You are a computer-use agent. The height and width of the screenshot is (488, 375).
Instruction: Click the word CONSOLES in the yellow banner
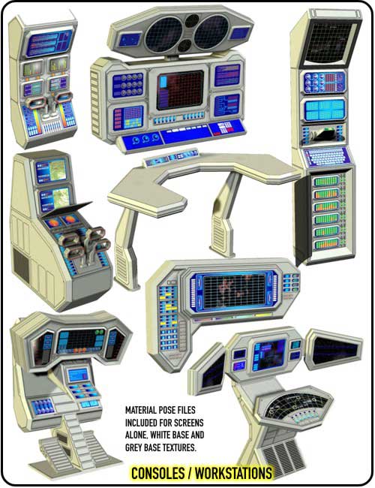click(x=157, y=473)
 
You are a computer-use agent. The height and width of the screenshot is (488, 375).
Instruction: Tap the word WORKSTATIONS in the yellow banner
click(x=233, y=473)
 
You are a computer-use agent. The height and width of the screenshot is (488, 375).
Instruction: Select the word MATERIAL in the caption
click(x=141, y=410)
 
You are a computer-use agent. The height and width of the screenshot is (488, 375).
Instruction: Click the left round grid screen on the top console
click(x=163, y=35)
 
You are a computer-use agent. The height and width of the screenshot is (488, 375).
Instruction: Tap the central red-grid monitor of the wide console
click(x=180, y=90)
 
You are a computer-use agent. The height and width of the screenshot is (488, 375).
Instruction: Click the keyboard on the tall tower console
click(x=325, y=157)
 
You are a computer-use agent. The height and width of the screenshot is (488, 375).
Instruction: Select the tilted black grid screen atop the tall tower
click(x=329, y=42)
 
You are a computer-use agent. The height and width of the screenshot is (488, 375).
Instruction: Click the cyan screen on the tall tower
click(x=325, y=110)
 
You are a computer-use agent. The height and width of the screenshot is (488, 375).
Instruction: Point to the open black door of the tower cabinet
click(x=301, y=218)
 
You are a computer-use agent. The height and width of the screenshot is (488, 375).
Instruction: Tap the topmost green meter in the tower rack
click(x=326, y=180)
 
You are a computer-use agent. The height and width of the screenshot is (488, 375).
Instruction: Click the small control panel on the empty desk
click(x=172, y=157)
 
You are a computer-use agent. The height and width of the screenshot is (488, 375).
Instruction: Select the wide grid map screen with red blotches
click(x=234, y=291)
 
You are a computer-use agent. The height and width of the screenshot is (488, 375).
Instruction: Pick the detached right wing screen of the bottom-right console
click(x=334, y=349)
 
